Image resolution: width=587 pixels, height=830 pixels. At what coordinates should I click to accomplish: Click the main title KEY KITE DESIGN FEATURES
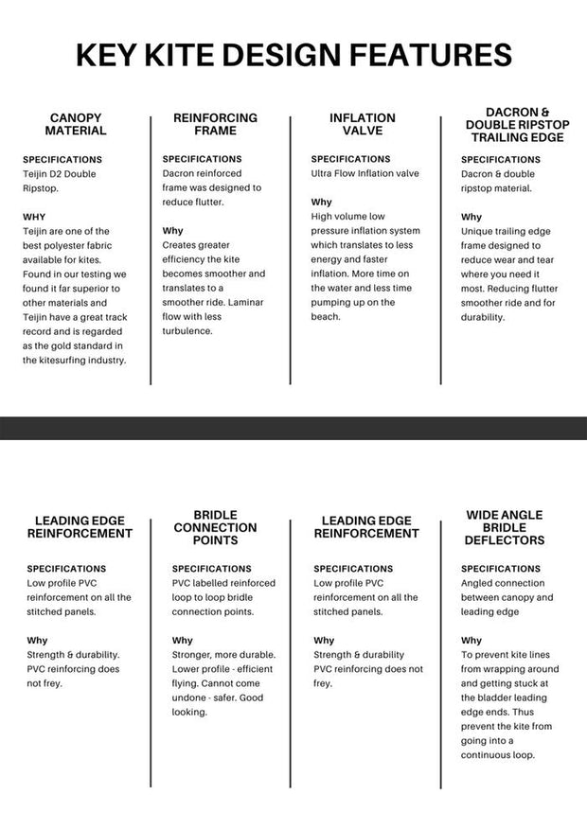pos(293,54)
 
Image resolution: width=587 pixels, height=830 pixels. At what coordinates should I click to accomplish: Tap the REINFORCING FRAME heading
pos(215,124)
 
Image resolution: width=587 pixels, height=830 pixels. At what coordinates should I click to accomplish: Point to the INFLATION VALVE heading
pos(362,124)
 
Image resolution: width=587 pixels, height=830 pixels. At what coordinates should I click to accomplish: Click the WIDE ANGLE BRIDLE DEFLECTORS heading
pos(505,527)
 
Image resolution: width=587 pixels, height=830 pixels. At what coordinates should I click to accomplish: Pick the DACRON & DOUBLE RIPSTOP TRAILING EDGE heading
pos(511,124)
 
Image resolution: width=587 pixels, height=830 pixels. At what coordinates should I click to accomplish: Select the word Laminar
pos(244,302)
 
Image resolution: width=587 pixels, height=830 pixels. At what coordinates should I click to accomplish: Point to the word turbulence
pos(193,331)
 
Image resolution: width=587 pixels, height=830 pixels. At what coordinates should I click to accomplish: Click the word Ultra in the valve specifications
pos(324,174)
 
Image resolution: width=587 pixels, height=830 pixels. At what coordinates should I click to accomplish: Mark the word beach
pos(326,316)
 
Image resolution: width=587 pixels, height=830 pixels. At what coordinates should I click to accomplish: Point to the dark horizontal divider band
pos(293,428)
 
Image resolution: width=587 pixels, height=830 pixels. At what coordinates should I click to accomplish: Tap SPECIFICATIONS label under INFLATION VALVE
pos(350,159)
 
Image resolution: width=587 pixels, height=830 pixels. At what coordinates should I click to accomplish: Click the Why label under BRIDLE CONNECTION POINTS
pos(182,641)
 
